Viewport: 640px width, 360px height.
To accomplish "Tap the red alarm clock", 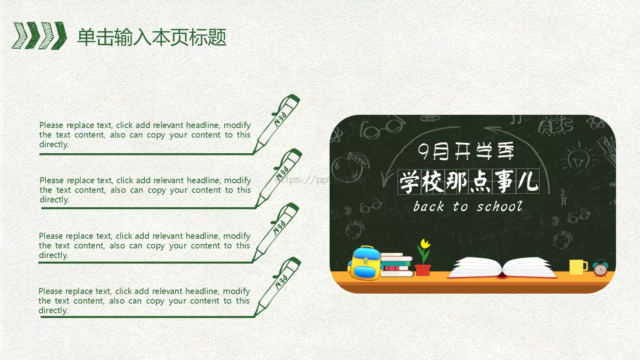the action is coord(600,268).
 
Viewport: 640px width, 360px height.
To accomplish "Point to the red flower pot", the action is coord(423,270).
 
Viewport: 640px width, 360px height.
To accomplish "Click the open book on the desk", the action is coord(502,268).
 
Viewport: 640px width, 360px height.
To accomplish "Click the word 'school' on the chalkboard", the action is coord(500,206).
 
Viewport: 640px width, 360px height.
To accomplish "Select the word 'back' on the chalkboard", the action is coord(428,206).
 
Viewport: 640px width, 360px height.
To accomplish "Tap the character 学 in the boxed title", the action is coord(410,182).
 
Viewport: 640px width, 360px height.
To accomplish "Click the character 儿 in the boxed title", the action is coord(528,182).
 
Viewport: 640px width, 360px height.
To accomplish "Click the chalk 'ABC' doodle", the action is coord(556,125).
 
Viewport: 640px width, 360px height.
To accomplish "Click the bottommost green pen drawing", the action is coord(277,287).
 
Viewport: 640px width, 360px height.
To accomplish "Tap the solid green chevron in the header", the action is coord(60,36).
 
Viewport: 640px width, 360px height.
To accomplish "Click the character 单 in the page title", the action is coord(86,37).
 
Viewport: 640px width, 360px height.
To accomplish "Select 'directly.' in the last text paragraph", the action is coord(53,310).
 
